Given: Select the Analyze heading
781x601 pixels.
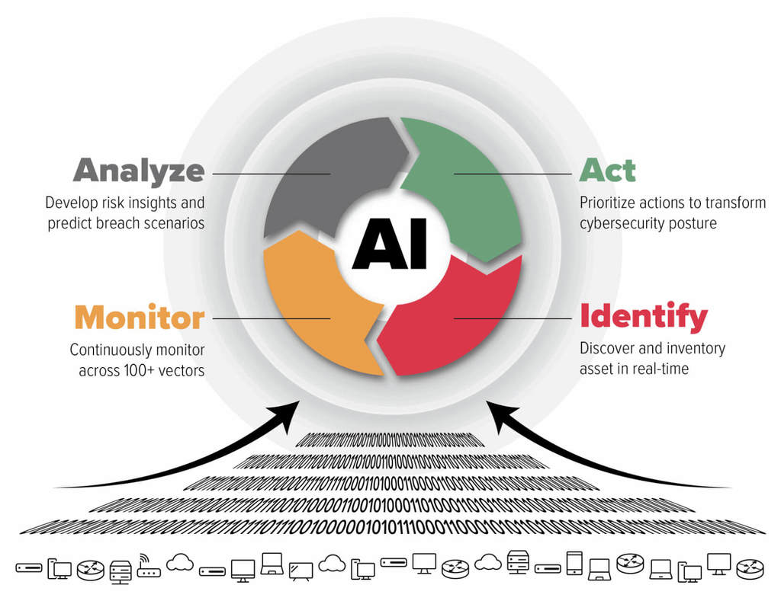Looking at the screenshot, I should point(139,171).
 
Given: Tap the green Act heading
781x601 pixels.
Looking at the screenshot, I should point(607,170).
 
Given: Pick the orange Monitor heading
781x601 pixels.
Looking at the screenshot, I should point(140,317).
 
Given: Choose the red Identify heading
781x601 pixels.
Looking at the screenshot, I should point(643,316).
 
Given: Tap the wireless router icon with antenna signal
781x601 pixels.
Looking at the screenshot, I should point(149,567).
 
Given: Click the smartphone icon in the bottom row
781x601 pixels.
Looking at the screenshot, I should point(574,564).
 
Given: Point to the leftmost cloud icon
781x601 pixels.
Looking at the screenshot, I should point(180,563).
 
